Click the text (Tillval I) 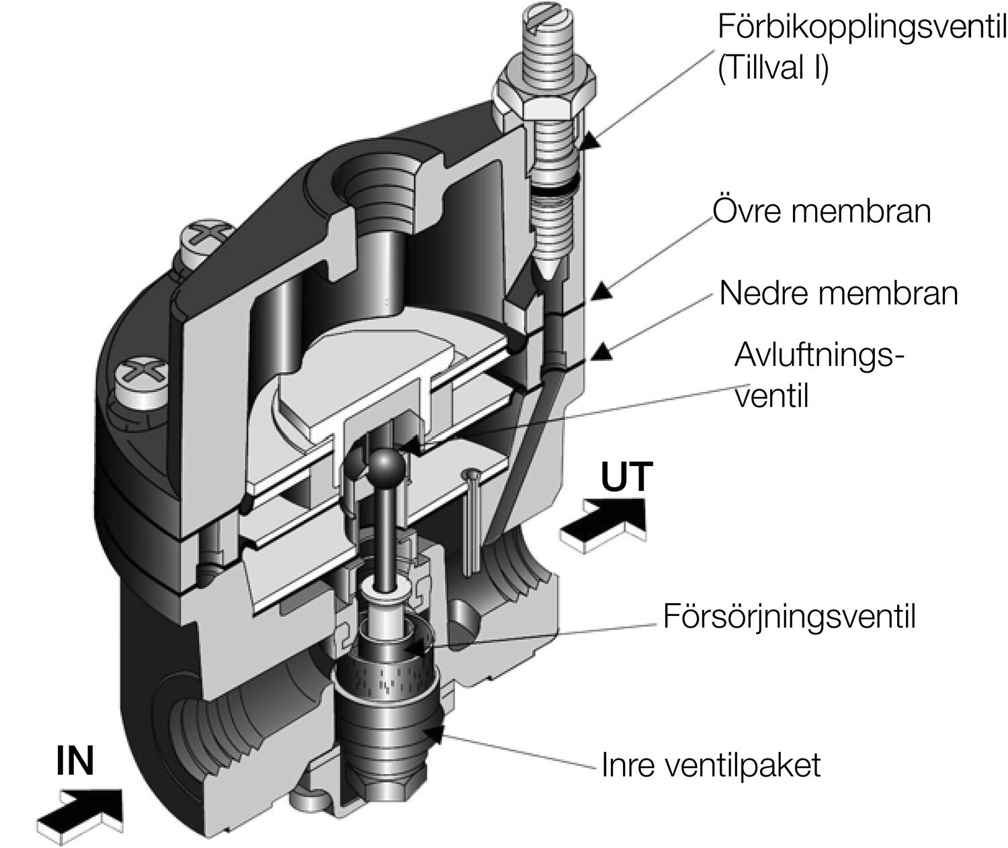(x=773, y=69)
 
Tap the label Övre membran (x=821, y=211)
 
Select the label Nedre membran (x=838, y=294)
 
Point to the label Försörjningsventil (x=789, y=616)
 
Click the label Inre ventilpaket (x=711, y=765)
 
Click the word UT (x=626, y=477)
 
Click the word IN (x=75, y=761)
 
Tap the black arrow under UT (x=603, y=525)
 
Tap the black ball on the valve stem (x=385, y=464)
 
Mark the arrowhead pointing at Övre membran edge (x=603, y=291)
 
